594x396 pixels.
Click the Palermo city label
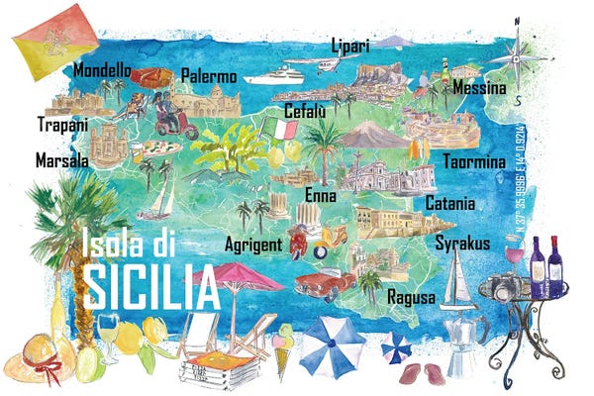tap(209, 76)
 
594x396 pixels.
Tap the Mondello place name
tap(102, 71)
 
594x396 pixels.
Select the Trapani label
tap(62, 125)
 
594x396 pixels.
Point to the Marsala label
tap(61, 159)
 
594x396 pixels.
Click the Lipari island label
tap(350, 47)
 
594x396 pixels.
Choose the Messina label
tap(480, 89)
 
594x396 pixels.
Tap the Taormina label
tap(472, 161)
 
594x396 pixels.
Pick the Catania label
tap(449, 203)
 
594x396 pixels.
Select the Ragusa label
tap(411, 297)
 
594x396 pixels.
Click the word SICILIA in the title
tap(150, 287)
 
